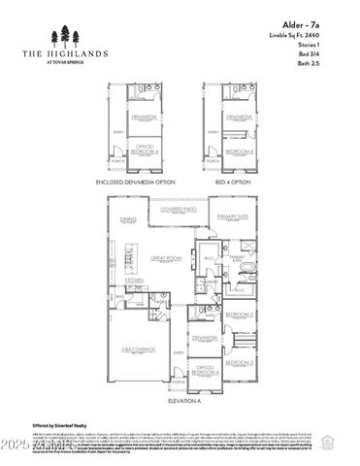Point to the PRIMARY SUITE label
234,216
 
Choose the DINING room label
127,219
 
